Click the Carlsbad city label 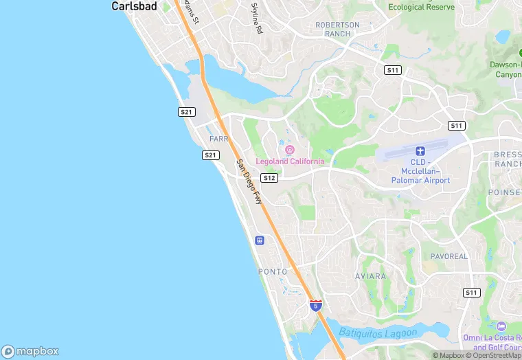[x=135, y=6]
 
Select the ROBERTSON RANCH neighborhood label [x=337, y=29]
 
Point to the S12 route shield [x=269, y=178]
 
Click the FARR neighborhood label [x=218, y=139]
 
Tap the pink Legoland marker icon [x=290, y=150]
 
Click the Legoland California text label [x=290, y=161]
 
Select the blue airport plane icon [x=421, y=150]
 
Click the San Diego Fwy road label [x=249, y=182]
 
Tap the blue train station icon [x=260, y=240]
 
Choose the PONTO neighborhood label [x=273, y=272]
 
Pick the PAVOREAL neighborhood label [x=449, y=256]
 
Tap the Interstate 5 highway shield [x=315, y=304]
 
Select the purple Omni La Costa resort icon [x=501, y=326]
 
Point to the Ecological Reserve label [x=421, y=7]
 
